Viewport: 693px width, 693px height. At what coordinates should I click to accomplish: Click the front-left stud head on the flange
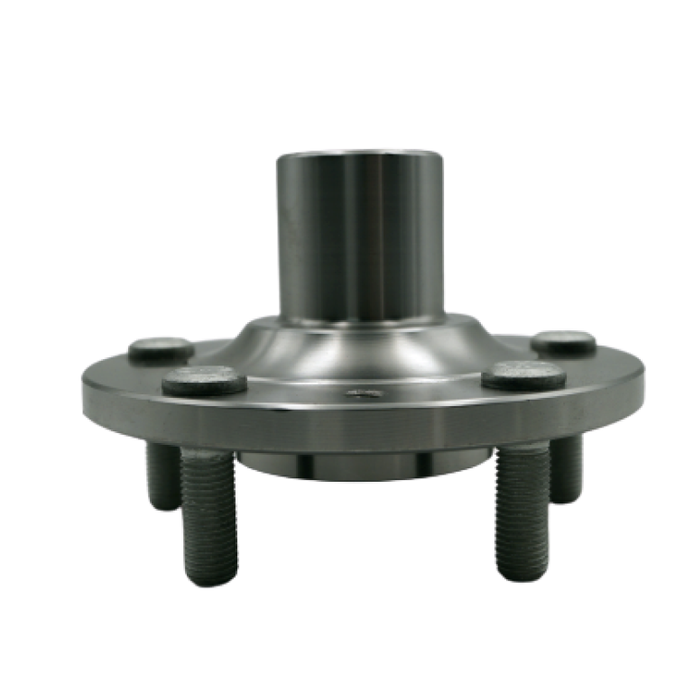click(204, 381)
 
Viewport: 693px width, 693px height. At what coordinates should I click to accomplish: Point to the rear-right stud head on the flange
click(563, 341)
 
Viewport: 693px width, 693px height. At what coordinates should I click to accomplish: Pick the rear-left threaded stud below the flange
click(162, 478)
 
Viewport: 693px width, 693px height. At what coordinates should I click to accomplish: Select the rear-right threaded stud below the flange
click(568, 471)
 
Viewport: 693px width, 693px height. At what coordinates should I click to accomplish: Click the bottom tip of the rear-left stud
click(162, 507)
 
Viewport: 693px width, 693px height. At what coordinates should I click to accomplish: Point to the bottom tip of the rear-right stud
click(568, 498)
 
